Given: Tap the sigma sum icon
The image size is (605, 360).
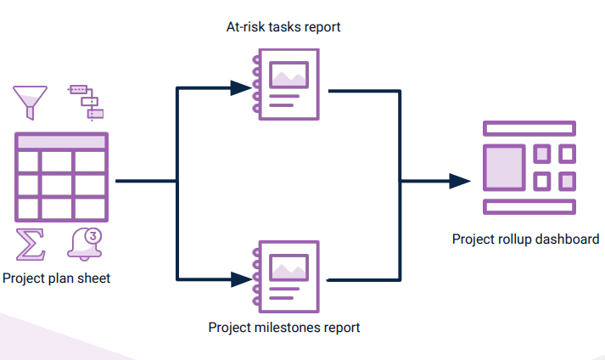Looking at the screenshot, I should (x=31, y=245).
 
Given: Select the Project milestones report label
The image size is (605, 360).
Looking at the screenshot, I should (x=284, y=327).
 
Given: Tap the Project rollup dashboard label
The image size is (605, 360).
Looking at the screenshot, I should (x=526, y=239).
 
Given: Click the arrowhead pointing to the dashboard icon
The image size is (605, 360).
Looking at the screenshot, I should (x=459, y=181).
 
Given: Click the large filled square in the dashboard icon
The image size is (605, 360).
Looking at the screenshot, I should (x=503, y=167).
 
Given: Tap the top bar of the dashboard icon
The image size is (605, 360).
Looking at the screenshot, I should (x=529, y=128).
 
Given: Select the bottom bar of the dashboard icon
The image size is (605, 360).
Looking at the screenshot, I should (x=529, y=206).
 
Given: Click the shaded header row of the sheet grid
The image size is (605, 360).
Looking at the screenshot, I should (x=61, y=141).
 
